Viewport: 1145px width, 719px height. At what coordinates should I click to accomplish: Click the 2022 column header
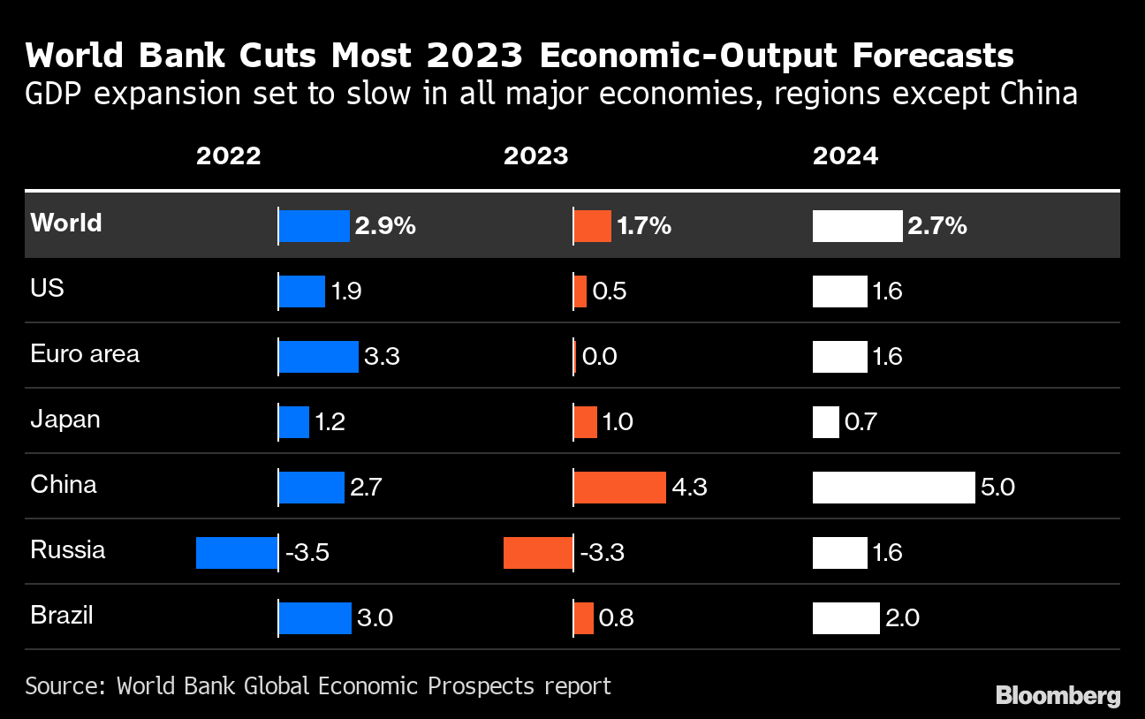click(x=228, y=156)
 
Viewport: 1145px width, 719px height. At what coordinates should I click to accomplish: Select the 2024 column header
click(x=845, y=156)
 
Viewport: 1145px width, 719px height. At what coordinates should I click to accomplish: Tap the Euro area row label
click(x=85, y=354)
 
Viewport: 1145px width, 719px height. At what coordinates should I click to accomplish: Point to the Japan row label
click(x=65, y=420)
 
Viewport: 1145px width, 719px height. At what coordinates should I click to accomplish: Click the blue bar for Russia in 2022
click(x=236, y=553)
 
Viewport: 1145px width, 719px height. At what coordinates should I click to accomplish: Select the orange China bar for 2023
click(x=619, y=487)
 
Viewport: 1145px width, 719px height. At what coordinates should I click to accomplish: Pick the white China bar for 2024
click(x=893, y=487)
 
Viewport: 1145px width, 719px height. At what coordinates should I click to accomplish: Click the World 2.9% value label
click(x=385, y=226)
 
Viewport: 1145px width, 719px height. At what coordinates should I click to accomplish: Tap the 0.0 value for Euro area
click(x=600, y=357)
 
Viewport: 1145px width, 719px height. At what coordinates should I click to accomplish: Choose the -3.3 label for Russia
click(x=603, y=553)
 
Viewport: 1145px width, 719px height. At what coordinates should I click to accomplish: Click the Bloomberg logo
click(x=1058, y=695)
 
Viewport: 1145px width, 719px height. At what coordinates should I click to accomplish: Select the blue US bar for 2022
click(x=302, y=291)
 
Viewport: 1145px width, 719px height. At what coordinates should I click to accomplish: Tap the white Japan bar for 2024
click(x=825, y=422)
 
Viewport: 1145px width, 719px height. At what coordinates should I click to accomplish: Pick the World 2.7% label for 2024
click(x=936, y=226)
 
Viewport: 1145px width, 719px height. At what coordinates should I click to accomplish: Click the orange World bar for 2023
click(x=592, y=226)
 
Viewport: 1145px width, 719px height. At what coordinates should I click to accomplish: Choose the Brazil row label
click(x=62, y=616)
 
